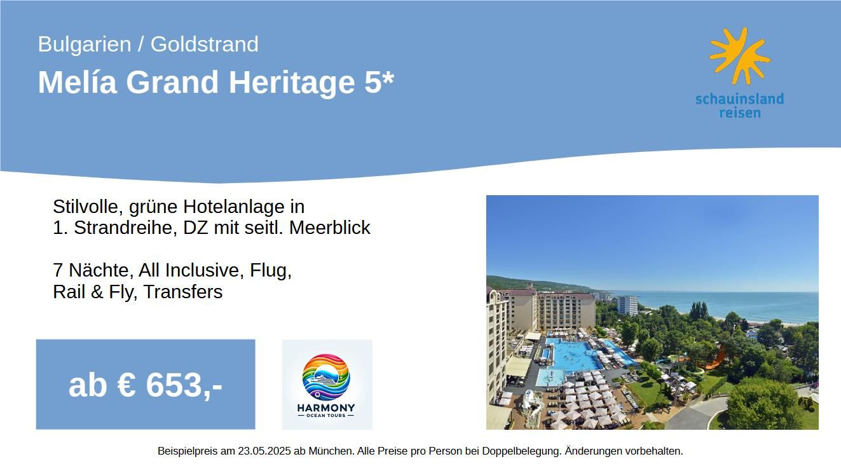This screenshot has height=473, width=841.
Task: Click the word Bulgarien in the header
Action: click(85, 45)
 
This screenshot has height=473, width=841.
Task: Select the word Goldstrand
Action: click(205, 45)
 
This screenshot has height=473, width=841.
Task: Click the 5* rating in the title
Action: click(379, 81)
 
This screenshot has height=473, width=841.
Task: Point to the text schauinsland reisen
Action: click(740, 106)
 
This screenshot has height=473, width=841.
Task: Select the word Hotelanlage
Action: click(243, 207)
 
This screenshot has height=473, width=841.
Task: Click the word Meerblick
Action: click(330, 228)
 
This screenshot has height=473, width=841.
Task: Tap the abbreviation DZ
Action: click(196, 228)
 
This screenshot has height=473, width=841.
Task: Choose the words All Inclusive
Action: click(189, 270)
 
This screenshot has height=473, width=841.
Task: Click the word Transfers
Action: click(183, 292)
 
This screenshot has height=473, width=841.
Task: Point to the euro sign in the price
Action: click(126, 385)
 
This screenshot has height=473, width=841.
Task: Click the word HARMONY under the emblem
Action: click(326, 408)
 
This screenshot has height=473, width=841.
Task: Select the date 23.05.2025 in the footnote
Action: click(264, 451)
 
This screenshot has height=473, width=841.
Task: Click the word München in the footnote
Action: click(330, 451)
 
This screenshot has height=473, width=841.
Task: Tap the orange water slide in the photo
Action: click(714, 359)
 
